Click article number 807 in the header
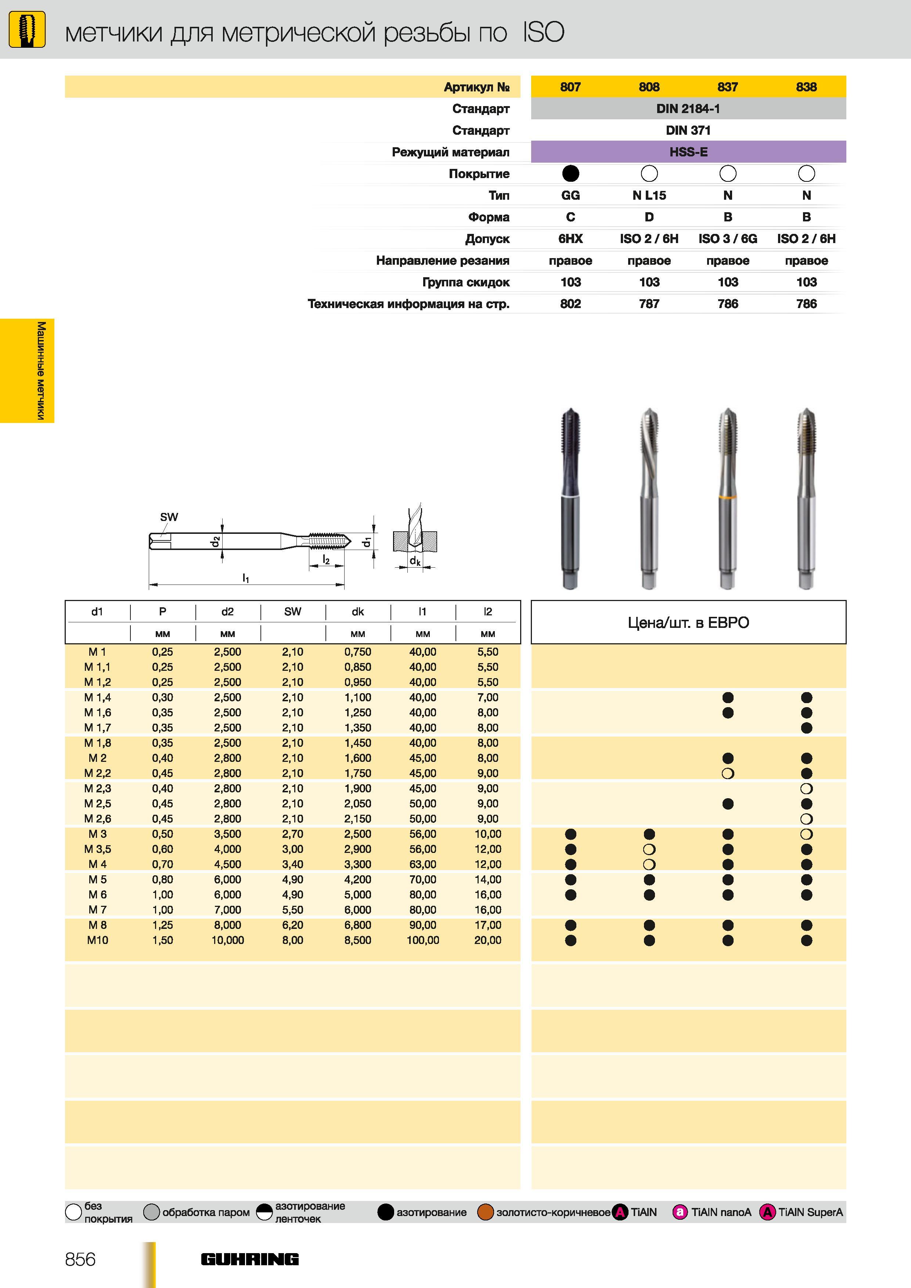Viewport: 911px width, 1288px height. (x=570, y=87)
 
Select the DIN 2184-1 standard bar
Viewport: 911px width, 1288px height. (x=688, y=108)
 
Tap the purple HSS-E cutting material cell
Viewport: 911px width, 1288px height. (x=688, y=152)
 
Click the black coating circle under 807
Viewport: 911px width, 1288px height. (x=570, y=174)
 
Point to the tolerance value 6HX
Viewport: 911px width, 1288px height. (x=570, y=239)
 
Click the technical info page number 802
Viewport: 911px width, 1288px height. (x=570, y=304)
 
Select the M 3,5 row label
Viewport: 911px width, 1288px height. (x=98, y=849)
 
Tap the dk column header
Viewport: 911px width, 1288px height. (x=357, y=611)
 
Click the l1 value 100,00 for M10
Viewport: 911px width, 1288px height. (x=423, y=940)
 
